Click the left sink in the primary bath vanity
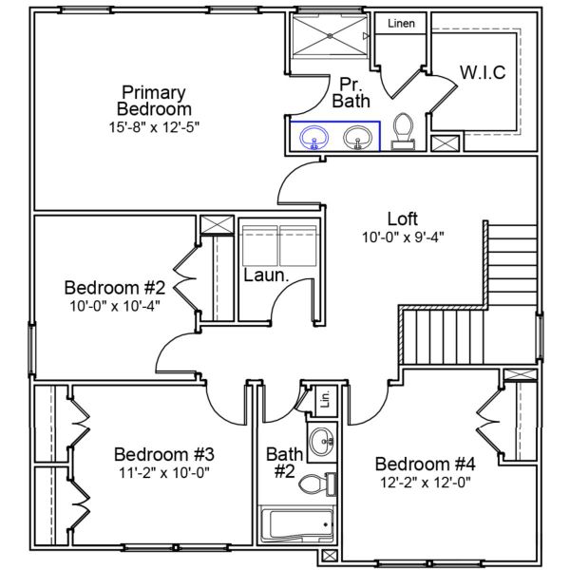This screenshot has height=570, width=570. point(313,139)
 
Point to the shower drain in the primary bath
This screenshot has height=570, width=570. point(330,35)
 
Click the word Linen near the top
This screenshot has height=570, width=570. point(401,23)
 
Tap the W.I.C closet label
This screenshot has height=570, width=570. point(483,72)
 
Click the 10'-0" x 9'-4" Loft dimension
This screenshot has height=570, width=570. point(403,237)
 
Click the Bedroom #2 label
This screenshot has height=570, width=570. point(116,287)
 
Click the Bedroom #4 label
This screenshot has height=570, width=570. point(425,464)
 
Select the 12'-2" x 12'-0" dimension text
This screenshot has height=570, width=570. point(425,482)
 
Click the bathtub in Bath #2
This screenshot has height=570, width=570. point(298,524)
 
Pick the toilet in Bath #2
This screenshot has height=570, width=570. point(314,484)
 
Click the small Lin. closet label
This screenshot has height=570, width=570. point(323,397)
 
